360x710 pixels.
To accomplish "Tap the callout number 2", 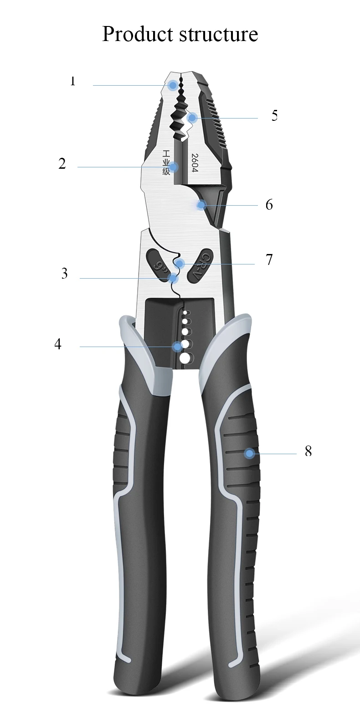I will tap(62, 164).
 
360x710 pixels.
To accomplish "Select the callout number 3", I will tap(64, 274).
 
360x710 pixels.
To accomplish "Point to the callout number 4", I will tap(57, 344).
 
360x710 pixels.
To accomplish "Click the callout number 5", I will tap(274, 115).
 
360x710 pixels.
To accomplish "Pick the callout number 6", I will tap(269, 205).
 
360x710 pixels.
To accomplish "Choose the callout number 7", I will tap(269, 259).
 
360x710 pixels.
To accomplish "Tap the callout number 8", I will tap(309, 451).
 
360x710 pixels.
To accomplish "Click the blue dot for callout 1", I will tap(173, 85).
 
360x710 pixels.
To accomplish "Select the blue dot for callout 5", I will tap(192, 118).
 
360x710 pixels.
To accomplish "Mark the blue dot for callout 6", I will tap(201, 205).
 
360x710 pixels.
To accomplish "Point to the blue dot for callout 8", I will tap(249, 453).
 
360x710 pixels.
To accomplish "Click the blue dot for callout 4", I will tap(177, 347).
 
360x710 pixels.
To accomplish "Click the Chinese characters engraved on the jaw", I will tap(166, 162).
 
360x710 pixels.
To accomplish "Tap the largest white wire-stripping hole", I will tap(185, 358).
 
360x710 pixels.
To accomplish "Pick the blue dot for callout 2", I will tap(174, 167).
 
